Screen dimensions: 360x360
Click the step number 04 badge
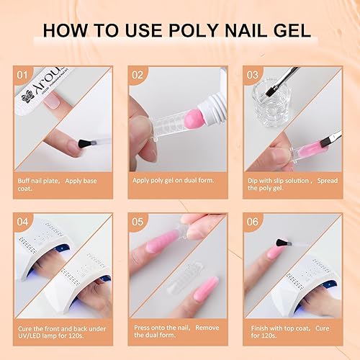click(x=24, y=222)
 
